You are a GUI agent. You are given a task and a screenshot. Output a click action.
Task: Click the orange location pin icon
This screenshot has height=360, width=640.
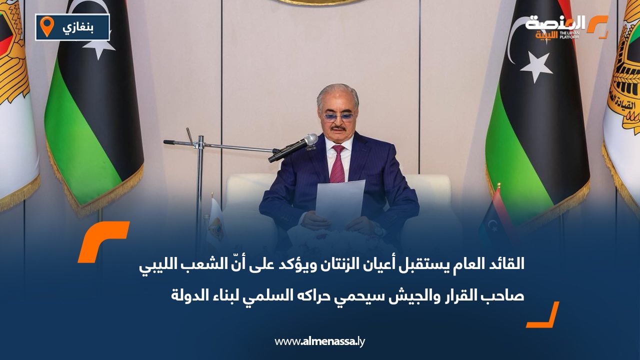(47, 26)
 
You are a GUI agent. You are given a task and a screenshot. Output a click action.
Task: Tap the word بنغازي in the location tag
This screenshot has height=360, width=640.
(78, 27)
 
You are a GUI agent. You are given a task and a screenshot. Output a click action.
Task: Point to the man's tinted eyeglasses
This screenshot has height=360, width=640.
(338, 116)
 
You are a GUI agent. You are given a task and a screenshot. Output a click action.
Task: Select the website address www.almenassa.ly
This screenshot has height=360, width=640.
(320, 342)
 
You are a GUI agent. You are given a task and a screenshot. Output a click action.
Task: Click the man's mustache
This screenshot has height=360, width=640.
(338, 128)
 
